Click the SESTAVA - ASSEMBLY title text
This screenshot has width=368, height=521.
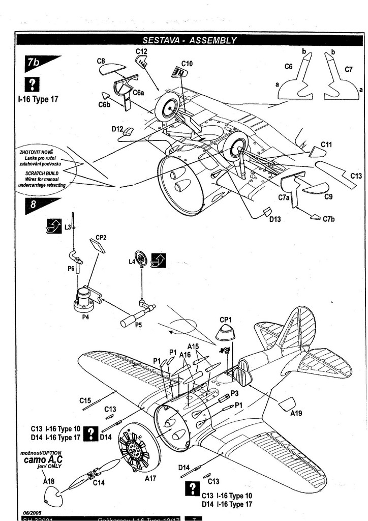point(189,40)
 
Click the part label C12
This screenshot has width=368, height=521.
point(141,51)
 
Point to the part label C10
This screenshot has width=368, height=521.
point(187,64)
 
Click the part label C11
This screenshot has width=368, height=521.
point(326,145)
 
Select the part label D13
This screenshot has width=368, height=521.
point(275,219)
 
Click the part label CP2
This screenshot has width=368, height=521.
point(101,238)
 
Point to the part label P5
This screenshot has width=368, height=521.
point(139,325)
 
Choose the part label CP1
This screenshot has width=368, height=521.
point(226,320)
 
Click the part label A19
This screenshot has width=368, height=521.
point(296,413)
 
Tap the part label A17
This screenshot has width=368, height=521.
point(150,478)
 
